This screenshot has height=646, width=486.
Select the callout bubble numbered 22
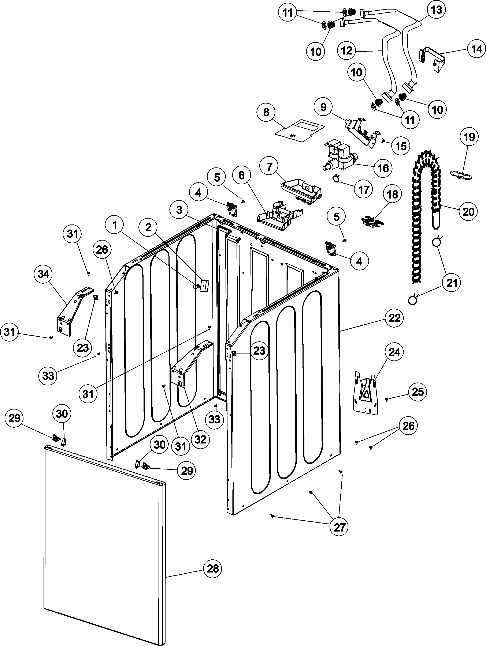coord(394,318)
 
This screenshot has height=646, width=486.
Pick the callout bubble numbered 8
coord(266,112)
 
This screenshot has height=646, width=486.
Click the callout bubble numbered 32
coord(200,439)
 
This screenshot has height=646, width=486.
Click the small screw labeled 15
coord(383,141)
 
